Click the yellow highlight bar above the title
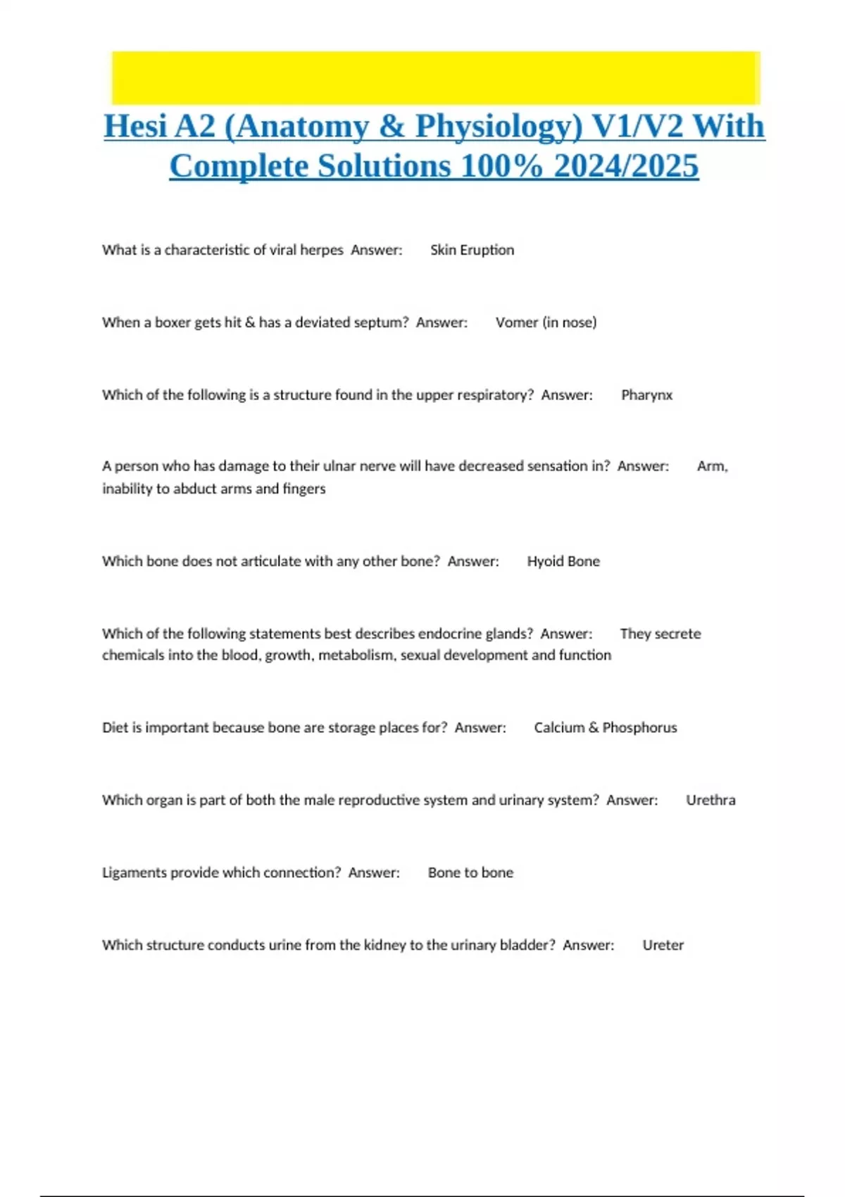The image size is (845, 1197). (x=435, y=77)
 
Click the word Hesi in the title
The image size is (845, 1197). (x=135, y=127)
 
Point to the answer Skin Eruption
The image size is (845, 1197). (x=472, y=250)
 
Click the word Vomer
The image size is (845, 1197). (x=516, y=322)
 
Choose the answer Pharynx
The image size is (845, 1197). (x=646, y=395)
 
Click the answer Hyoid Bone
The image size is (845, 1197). (x=563, y=561)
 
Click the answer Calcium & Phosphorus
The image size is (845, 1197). (x=605, y=727)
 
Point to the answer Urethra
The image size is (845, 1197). (x=711, y=800)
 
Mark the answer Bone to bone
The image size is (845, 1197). (x=470, y=872)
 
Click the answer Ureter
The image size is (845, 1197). (x=663, y=945)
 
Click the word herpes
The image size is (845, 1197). (x=322, y=250)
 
